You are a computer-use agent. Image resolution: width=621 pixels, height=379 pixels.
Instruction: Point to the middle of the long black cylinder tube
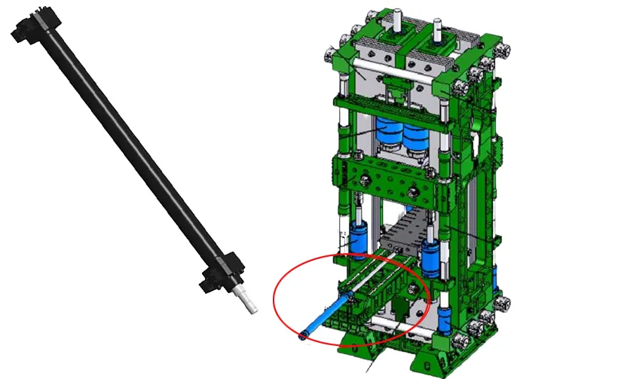pyautogui.click(x=124, y=151)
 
